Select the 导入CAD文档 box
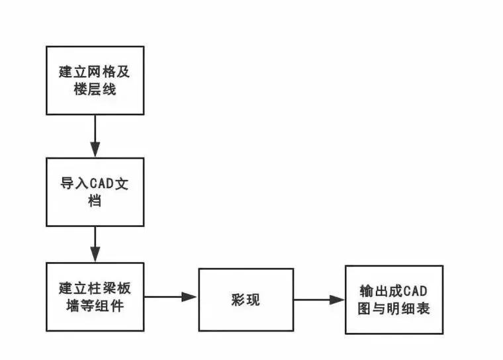tap(95, 192)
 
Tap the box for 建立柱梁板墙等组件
tap(95, 296)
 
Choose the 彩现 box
tap(246, 300)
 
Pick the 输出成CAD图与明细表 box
tap(394, 300)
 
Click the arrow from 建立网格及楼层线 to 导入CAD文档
tap(95, 136)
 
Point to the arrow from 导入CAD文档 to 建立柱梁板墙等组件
tap(95, 244)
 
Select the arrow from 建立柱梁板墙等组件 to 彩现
tap(171, 297)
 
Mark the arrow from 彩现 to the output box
tap(319, 300)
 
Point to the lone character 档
tap(95, 201)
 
